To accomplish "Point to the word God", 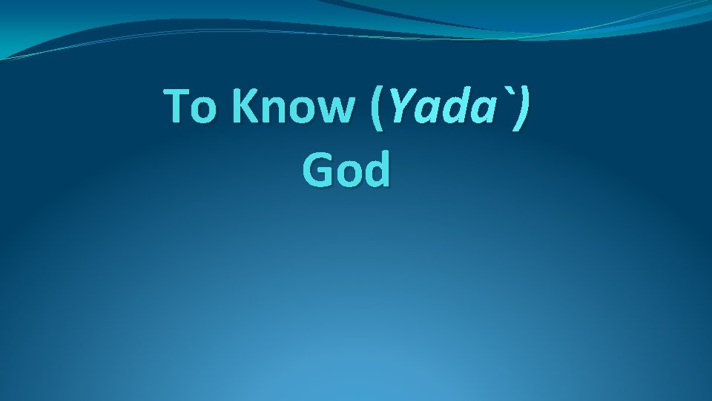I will tap(346, 170).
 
